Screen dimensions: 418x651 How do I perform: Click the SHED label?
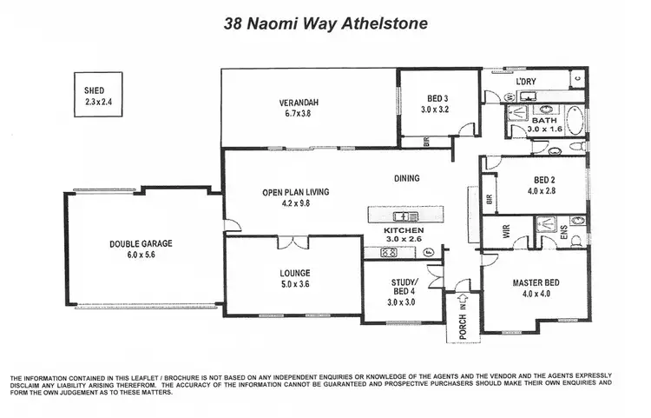94,90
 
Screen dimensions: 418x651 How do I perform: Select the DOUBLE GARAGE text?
141,243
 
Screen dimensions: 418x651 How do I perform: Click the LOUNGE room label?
294,272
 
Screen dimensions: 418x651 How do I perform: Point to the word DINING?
406,178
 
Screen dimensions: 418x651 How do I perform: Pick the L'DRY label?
527,82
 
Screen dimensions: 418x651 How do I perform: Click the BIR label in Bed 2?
490,199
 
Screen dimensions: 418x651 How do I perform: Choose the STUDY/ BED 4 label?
404,286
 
